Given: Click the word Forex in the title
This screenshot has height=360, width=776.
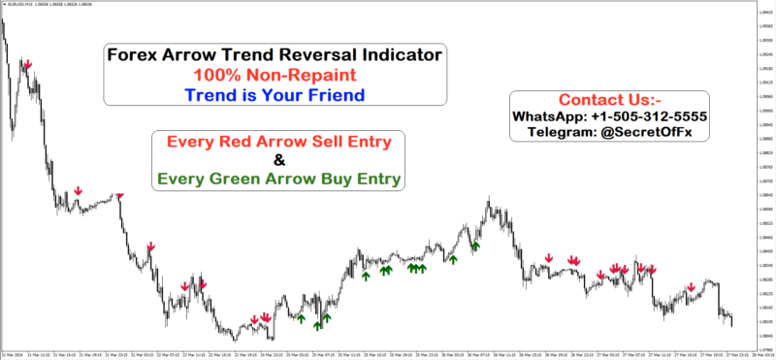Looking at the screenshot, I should pos(135,55).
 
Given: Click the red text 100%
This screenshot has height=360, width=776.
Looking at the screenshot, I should pos(219,75).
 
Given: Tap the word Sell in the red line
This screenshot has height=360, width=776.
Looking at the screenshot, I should pos(312,143).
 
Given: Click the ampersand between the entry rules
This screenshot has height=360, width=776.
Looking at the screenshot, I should pos(279,160).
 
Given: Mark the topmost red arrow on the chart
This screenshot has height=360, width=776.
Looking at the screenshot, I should pos(27,64).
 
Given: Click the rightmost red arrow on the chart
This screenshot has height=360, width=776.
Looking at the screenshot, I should pos(691,287).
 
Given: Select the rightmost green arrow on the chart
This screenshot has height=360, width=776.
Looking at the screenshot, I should pos(476,247).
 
